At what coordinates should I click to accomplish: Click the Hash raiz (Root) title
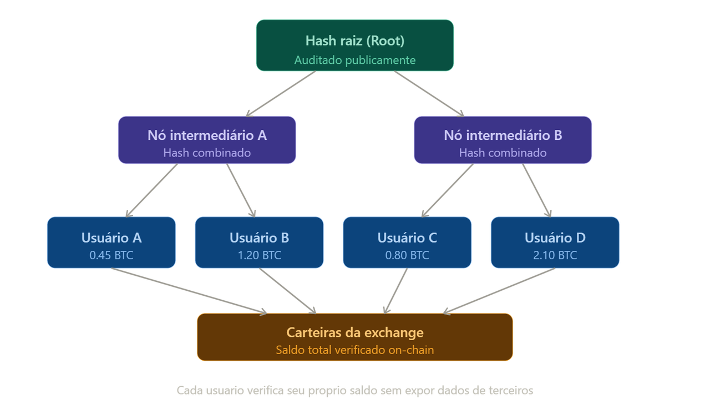point(354,41)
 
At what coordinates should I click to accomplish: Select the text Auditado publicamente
point(354,60)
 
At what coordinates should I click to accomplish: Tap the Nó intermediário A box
point(207,140)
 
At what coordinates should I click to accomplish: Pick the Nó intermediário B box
point(503,140)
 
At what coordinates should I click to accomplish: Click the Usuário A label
point(111,238)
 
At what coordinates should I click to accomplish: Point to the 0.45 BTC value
point(111,255)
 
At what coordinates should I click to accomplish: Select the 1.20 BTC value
point(259,255)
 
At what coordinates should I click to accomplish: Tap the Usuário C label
point(407,238)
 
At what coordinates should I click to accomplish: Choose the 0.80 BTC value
point(407,255)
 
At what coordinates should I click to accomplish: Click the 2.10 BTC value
point(555,255)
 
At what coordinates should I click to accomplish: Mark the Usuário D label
point(555,238)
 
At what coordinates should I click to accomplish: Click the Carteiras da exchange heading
point(354,332)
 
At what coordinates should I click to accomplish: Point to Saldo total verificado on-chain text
point(354,350)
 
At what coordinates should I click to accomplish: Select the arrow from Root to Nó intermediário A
point(281,94)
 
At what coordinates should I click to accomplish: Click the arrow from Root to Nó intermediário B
point(429,94)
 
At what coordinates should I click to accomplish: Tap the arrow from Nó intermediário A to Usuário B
point(241,190)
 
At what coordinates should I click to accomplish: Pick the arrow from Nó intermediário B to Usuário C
point(448,190)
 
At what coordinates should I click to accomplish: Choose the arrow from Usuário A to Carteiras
point(189,291)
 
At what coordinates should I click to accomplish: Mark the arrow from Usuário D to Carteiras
point(499,291)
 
